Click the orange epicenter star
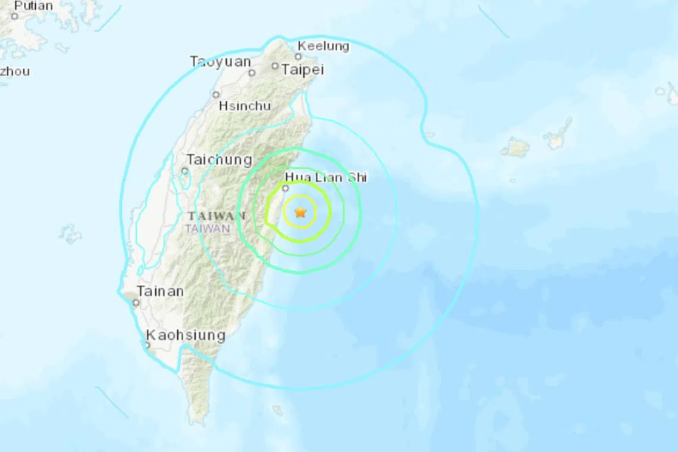(x=300, y=212)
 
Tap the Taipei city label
(x=303, y=70)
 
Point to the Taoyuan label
(x=220, y=62)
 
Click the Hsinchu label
(x=244, y=106)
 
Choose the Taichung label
(x=219, y=159)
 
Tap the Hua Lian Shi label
(x=326, y=177)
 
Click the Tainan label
(x=160, y=291)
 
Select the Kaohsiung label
(x=186, y=335)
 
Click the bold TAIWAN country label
(x=216, y=216)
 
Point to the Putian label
(x=33, y=6)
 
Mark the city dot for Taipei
(x=275, y=67)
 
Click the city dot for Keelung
(x=298, y=57)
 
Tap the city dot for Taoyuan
(x=252, y=73)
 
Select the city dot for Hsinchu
(x=216, y=95)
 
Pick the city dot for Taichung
(x=185, y=171)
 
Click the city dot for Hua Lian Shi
(x=285, y=188)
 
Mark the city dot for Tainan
(x=136, y=303)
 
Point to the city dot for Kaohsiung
(x=147, y=344)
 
